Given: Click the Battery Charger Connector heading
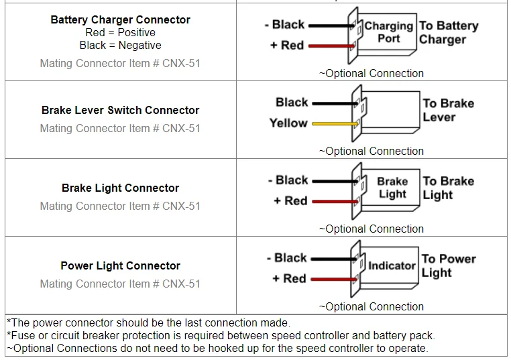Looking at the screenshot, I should pos(120,19).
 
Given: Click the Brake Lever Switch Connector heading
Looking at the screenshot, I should pos(120,110).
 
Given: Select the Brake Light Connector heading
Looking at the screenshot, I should pos(120,188).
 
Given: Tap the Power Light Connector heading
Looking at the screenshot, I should pos(120,265).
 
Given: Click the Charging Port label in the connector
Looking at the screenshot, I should pos(388,32).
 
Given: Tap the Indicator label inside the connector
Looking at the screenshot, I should pos(392,265).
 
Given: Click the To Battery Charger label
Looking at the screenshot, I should pos(448,32).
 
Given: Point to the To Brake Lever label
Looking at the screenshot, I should pos(448,110).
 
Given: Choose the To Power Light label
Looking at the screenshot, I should pos(448,265).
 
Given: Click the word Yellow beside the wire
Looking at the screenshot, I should pos(288,123).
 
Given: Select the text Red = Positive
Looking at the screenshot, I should pos(120,32).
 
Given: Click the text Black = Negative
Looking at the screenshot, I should pos(120,45).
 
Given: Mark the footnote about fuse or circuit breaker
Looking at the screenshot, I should pos(221,335).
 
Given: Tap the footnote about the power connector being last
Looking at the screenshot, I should pos(148,323).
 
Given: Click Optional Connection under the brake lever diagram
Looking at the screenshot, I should pos(371,151).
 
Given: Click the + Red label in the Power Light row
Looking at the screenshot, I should pos(289,278).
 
